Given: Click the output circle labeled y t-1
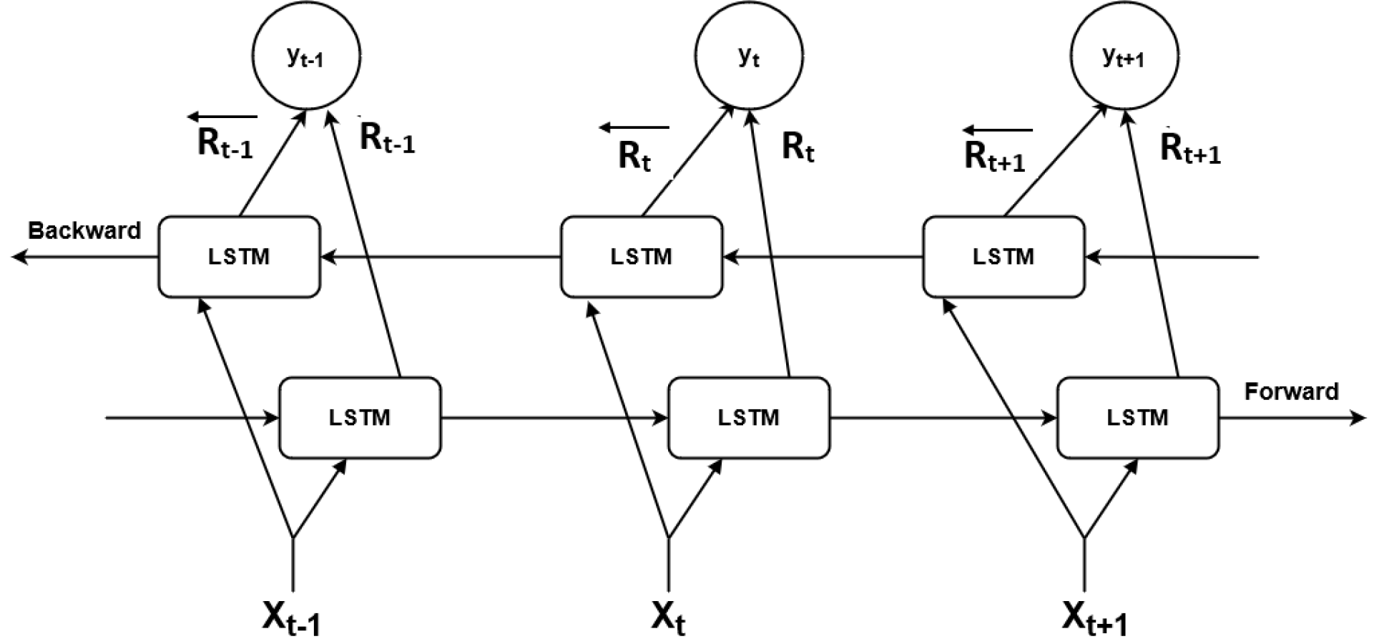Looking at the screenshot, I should (306, 56).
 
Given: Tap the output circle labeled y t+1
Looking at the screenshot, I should (1124, 56).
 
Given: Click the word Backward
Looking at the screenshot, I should (84, 230).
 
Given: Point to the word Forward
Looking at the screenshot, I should (1291, 391).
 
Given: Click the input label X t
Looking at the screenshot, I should (668, 618).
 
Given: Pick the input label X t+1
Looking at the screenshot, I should (1094, 618).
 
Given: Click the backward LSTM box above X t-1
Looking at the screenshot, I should (239, 256).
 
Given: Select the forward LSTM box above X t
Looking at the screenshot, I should (749, 418).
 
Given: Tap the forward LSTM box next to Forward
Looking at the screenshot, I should (1137, 418).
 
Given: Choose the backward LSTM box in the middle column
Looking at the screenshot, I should (641, 256).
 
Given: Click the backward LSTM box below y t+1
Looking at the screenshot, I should (1003, 256).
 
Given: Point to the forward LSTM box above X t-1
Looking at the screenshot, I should (360, 418).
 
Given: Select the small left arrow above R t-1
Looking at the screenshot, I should (222, 116).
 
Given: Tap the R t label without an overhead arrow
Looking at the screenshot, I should (798, 147).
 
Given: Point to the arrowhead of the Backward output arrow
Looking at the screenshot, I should (19, 256).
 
